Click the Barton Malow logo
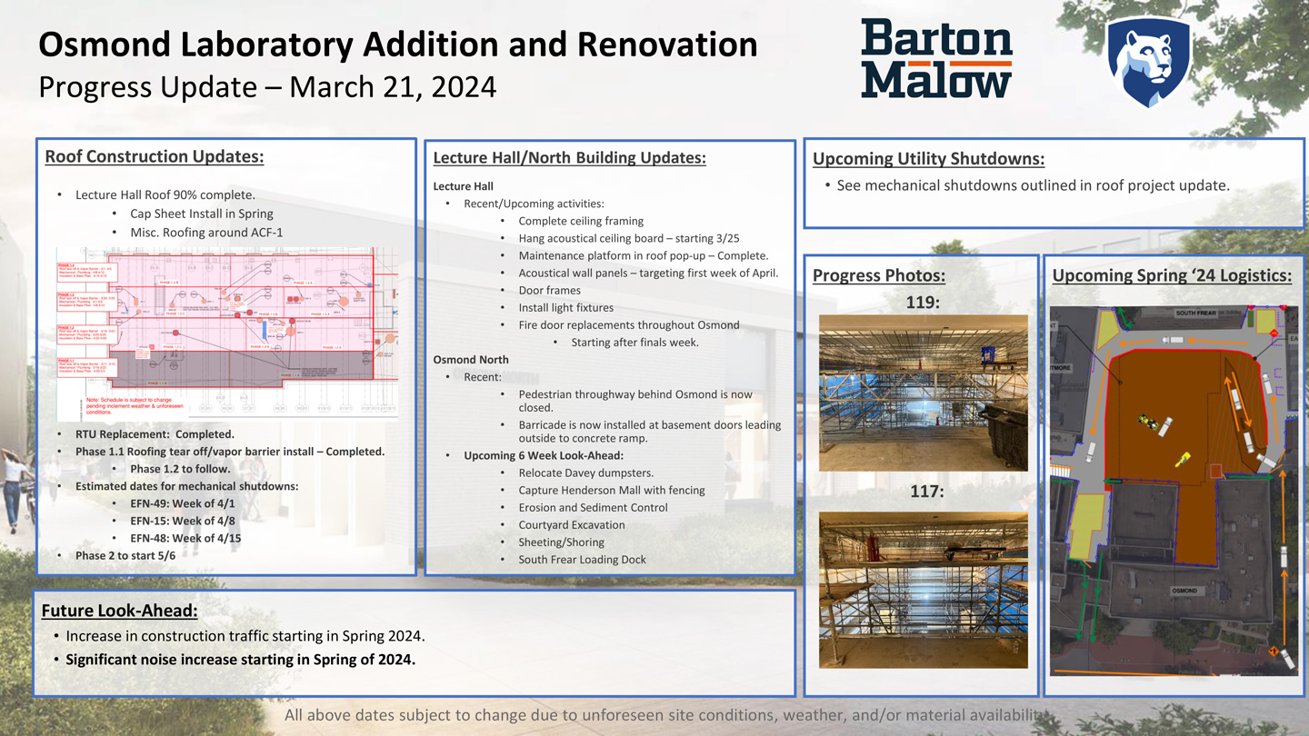click(936, 58)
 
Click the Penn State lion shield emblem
click(1148, 61)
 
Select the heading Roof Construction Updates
click(155, 156)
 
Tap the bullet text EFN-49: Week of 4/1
click(182, 503)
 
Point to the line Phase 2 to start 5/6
click(125, 555)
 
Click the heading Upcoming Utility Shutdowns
click(928, 159)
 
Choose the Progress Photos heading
click(878, 275)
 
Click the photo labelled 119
click(923, 393)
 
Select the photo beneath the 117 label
click(923, 590)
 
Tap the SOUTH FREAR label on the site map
click(1195, 313)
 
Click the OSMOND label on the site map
click(1184, 591)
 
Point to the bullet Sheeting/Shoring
click(561, 542)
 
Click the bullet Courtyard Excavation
click(572, 525)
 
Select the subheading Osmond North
click(471, 360)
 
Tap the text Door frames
click(549, 291)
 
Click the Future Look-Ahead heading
click(119, 611)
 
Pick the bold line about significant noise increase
click(240, 660)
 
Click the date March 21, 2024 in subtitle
click(393, 87)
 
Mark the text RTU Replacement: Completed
click(155, 434)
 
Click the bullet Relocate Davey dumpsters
click(585, 473)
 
